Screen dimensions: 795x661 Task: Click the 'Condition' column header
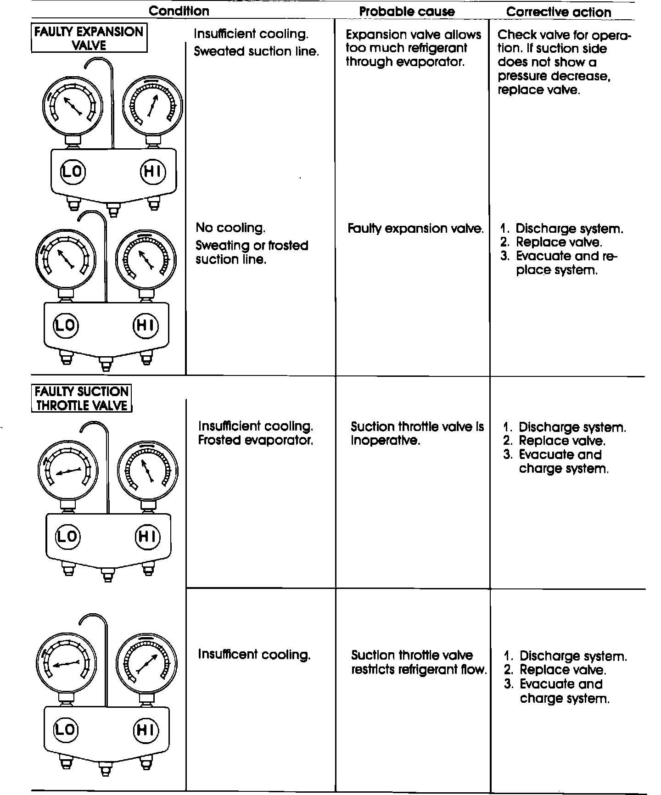point(179,11)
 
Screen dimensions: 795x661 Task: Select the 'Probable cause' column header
point(407,12)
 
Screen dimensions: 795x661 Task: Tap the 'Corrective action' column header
point(559,12)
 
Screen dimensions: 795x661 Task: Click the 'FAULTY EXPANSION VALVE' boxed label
point(89,39)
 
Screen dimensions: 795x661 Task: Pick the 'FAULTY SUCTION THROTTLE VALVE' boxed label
point(82,398)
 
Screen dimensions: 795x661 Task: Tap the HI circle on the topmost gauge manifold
point(152,171)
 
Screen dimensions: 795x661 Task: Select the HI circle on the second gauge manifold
point(145,325)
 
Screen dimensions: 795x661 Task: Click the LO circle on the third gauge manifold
point(67,536)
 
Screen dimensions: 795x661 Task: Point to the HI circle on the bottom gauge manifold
point(145,730)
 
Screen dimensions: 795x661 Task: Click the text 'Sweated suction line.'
point(256,51)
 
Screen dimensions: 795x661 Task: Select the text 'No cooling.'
point(230,228)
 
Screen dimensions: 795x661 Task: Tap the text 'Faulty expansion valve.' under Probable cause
point(415,229)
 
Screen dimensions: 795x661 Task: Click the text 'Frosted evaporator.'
point(256,440)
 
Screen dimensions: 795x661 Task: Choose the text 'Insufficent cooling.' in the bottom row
point(254,654)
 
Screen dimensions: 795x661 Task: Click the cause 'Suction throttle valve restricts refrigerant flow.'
point(418,662)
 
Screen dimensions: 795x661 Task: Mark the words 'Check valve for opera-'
point(564,35)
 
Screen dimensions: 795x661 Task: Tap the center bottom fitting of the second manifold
point(106,365)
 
